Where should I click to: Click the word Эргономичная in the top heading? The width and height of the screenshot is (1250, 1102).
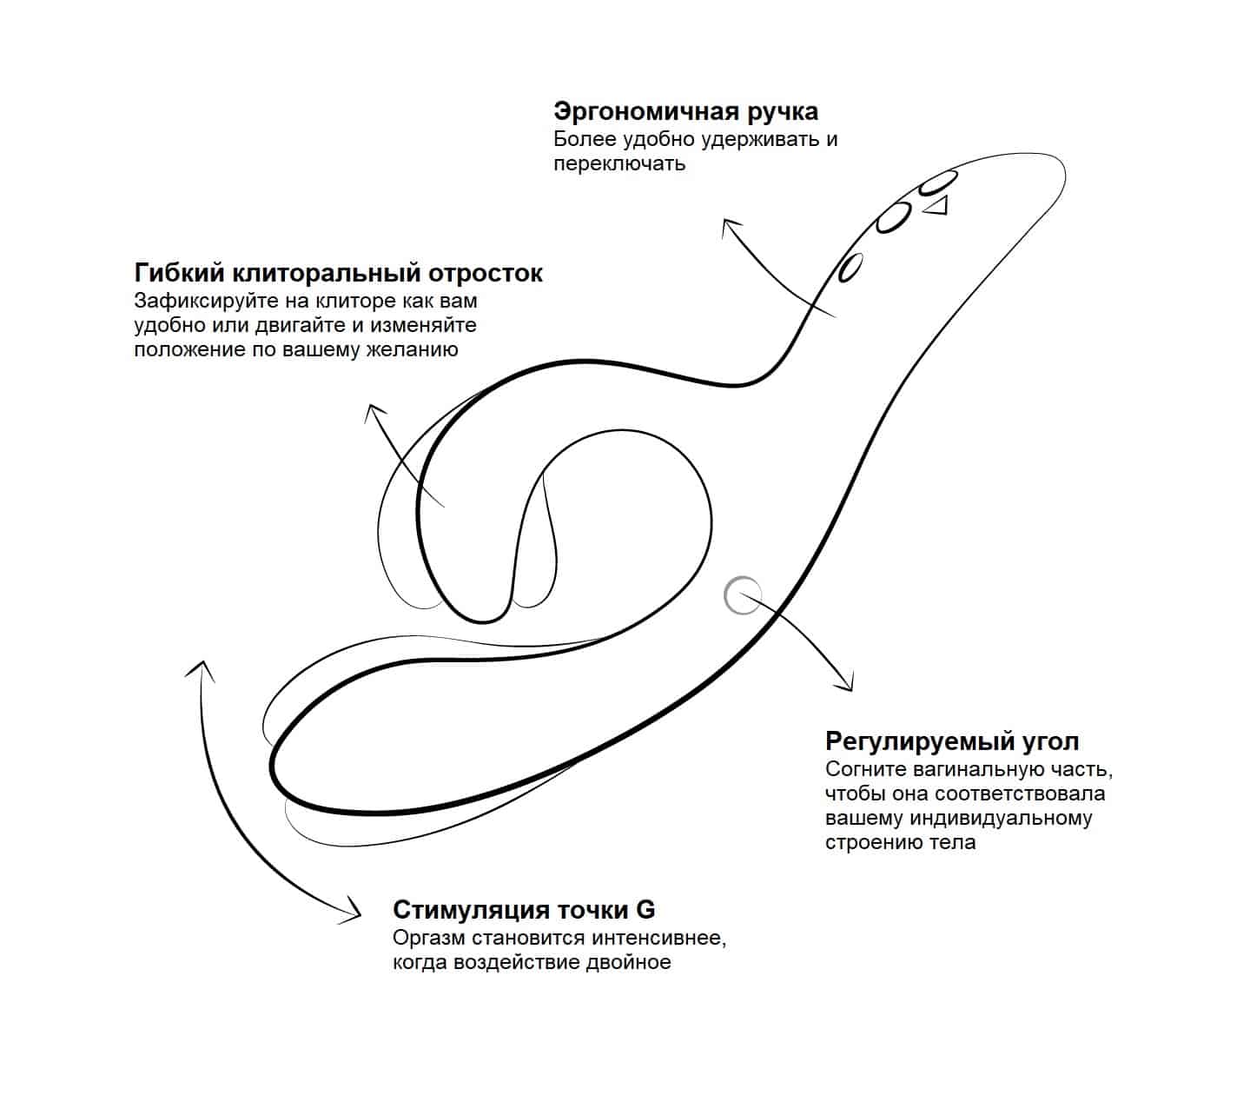[645, 112]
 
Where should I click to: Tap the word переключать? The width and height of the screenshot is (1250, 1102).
[619, 163]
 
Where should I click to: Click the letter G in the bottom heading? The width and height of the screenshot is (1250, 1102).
[645, 910]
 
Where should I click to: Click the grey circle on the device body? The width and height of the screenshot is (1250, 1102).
[743, 595]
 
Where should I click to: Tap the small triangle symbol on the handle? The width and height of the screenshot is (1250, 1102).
[936, 206]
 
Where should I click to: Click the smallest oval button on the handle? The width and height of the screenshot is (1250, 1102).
[850, 268]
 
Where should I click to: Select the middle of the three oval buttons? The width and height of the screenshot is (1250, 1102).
[894, 217]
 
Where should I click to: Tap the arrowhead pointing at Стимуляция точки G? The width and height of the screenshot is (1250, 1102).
[353, 911]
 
